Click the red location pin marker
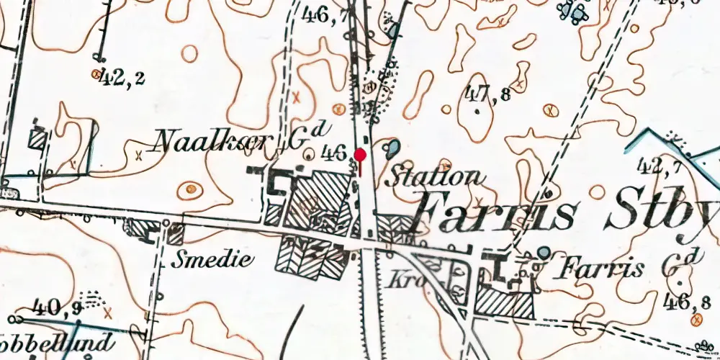click(360, 154)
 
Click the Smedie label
click(212, 260)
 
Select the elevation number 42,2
click(123, 77)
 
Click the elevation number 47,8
click(488, 93)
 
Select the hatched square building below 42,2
click(37, 139)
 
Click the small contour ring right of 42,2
click(190, 53)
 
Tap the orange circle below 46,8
click(696, 319)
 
